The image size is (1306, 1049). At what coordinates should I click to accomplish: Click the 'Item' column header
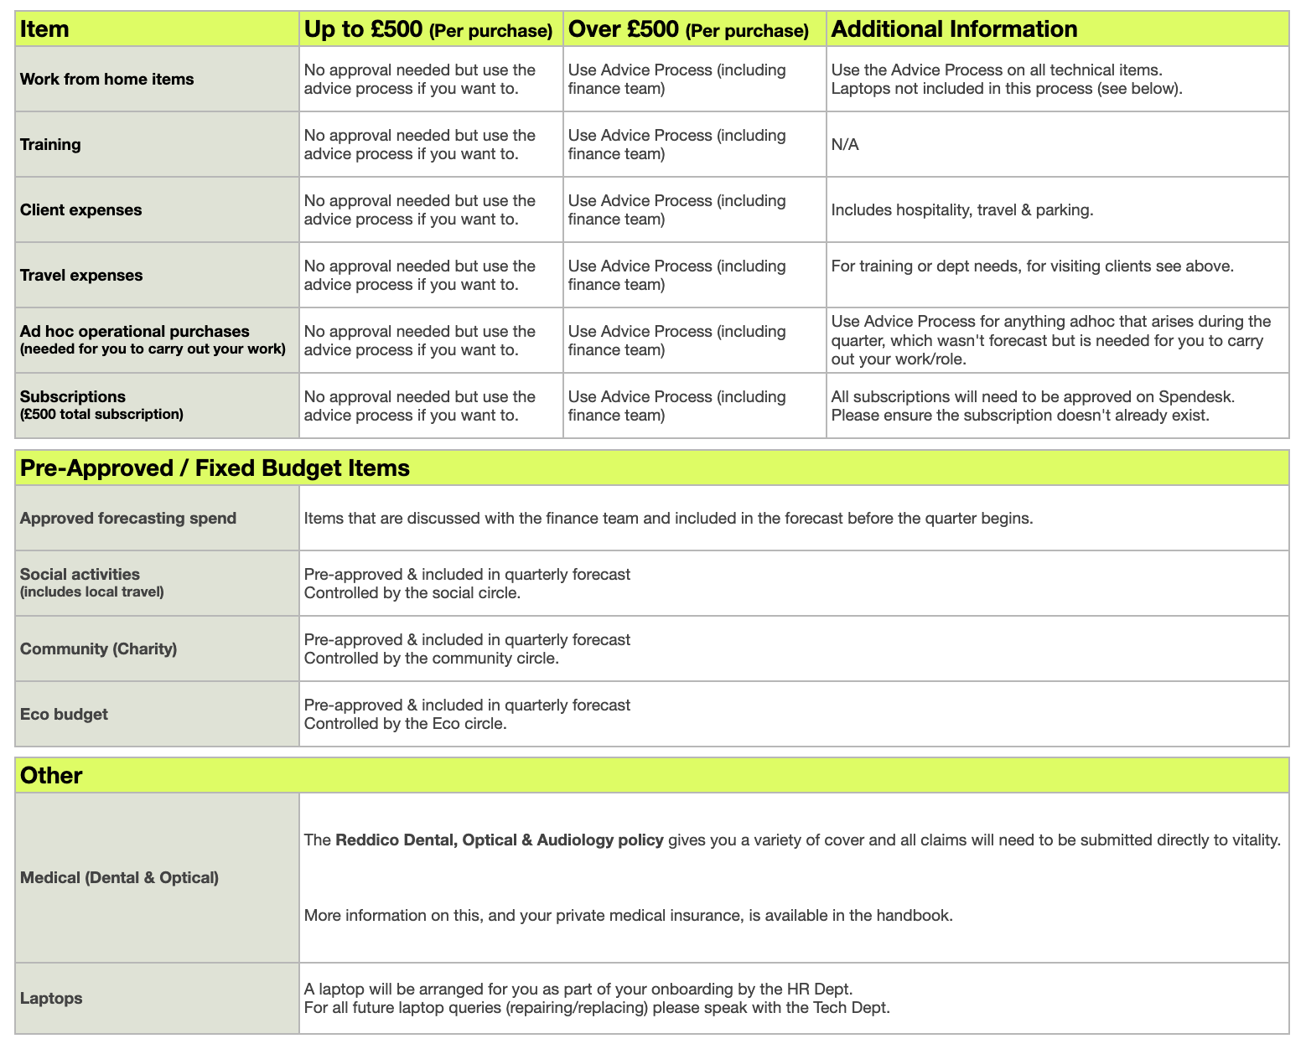pos(44,29)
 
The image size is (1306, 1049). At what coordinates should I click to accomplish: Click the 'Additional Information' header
pos(954,29)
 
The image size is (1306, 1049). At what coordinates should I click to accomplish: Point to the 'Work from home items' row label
pos(106,79)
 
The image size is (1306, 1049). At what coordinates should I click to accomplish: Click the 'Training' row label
pos(50,144)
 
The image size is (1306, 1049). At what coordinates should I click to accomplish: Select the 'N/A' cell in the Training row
pos(845,145)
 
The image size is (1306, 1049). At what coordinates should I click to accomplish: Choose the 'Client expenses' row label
pos(80,209)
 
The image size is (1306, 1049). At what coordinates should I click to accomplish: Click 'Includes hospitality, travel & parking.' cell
pos(961,210)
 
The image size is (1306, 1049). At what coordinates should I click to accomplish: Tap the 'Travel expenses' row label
pos(81,275)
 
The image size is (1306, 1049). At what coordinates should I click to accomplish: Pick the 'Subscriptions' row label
pos(73,396)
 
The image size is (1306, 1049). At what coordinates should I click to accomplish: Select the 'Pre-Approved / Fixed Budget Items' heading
pos(215,468)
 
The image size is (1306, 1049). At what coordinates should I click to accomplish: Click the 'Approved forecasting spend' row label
pos(128,518)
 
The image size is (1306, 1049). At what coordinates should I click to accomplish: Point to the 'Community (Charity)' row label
pos(98,649)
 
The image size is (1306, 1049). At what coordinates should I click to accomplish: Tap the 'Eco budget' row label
pos(64,714)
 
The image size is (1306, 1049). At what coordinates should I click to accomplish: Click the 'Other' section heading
pos(51,775)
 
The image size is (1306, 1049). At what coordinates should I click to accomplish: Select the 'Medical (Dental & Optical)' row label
pos(119,877)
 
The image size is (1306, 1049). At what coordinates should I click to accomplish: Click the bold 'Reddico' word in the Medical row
pos(366,840)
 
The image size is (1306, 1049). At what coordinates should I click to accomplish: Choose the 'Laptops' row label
pos(51,998)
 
